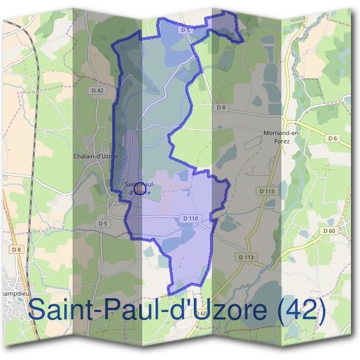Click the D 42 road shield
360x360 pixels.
98,90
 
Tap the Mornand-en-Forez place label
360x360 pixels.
281,136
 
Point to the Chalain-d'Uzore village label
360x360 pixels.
95,156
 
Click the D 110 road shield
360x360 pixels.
190,218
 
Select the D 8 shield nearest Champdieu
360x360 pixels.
15,249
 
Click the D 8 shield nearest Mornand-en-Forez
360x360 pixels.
222,107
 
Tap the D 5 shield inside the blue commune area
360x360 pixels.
185,29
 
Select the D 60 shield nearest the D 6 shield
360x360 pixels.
328,231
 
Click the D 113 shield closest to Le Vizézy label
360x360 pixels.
247,257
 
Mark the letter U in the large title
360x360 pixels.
199,310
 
